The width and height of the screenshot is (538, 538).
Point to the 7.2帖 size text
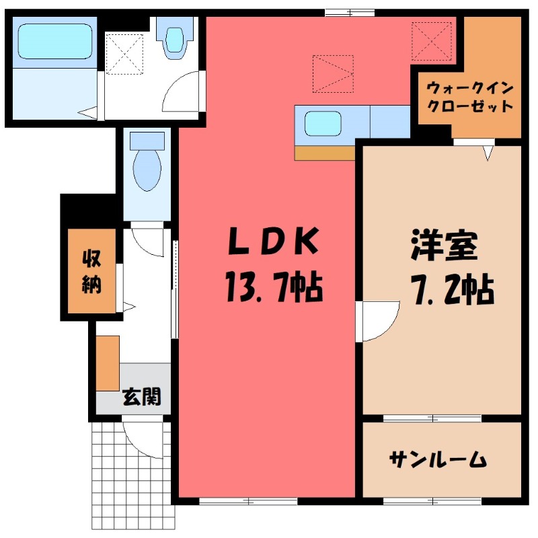(x=452, y=289)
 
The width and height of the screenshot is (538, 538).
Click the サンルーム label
(x=437, y=460)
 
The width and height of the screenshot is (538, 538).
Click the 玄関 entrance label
(x=141, y=397)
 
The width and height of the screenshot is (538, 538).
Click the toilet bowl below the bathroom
(x=147, y=168)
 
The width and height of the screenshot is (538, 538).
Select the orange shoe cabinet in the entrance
(x=107, y=362)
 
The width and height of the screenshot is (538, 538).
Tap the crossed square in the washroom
(x=124, y=54)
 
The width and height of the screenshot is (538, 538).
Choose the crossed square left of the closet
(x=431, y=40)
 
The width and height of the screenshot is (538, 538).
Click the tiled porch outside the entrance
(x=128, y=477)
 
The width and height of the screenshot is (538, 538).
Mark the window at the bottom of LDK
(x=248, y=500)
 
